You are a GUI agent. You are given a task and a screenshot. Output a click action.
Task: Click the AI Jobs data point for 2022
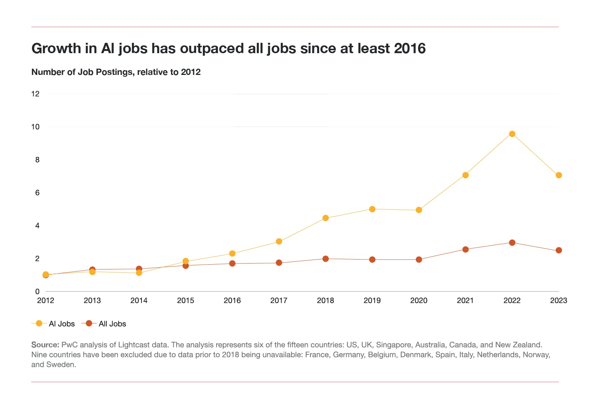tap(512, 134)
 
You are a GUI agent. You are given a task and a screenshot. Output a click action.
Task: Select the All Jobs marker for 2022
tap(512, 243)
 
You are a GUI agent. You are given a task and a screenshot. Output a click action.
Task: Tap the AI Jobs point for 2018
tap(325, 218)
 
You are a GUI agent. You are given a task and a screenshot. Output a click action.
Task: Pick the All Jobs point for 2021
tap(465, 250)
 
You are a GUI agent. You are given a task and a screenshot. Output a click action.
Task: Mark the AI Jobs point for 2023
tap(558, 175)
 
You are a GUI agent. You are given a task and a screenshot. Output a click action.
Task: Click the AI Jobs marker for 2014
tap(139, 273)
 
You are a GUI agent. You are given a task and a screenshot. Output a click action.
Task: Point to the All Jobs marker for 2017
tap(279, 263)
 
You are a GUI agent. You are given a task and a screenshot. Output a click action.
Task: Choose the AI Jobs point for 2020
tap(419, 210)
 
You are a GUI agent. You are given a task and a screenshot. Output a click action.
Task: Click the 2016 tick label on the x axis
tap(232, 300)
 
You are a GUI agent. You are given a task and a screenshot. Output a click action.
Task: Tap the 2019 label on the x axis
tap(372, 300)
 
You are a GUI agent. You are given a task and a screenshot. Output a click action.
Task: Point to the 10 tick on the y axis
tap(35, 127)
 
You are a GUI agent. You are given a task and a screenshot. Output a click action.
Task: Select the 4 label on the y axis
tap(37, 226)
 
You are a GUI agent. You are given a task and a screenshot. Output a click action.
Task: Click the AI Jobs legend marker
tap(39, 323)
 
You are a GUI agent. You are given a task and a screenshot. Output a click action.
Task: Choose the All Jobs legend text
tap(112, 324)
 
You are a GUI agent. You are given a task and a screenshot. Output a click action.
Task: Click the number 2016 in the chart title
tap(410, 48)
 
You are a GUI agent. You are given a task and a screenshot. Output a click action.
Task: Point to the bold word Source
tap(45, 345)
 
